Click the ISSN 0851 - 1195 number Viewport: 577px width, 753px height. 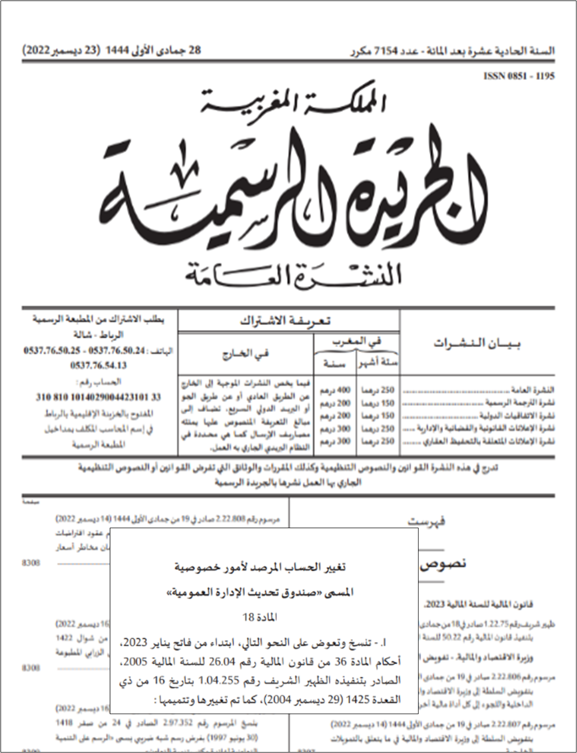(x=519, y=76)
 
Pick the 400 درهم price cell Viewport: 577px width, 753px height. (x=335, y=391)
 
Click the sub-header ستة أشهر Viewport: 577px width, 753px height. (x=379, y=362)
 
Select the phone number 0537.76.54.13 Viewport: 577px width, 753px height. (x=98, y=365)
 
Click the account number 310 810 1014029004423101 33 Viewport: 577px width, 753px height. (x=98, y=397)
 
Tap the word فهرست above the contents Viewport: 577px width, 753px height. (x=426, y=522)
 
